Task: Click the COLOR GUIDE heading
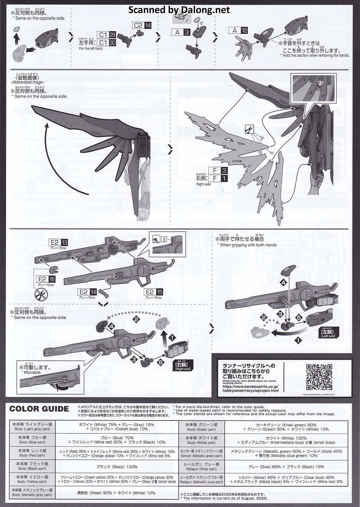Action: pyautogui.click(x=39, y=409)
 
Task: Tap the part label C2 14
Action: pyautogui.click(x=142, y=25)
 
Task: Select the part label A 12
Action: pyautogui.click(x=239, y=31)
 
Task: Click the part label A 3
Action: pyautogui.click(x=183, y=32)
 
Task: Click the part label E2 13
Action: pyautogui.click(x=59, y=243)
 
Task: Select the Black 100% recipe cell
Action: pyautogui.click(x=117, y=466)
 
